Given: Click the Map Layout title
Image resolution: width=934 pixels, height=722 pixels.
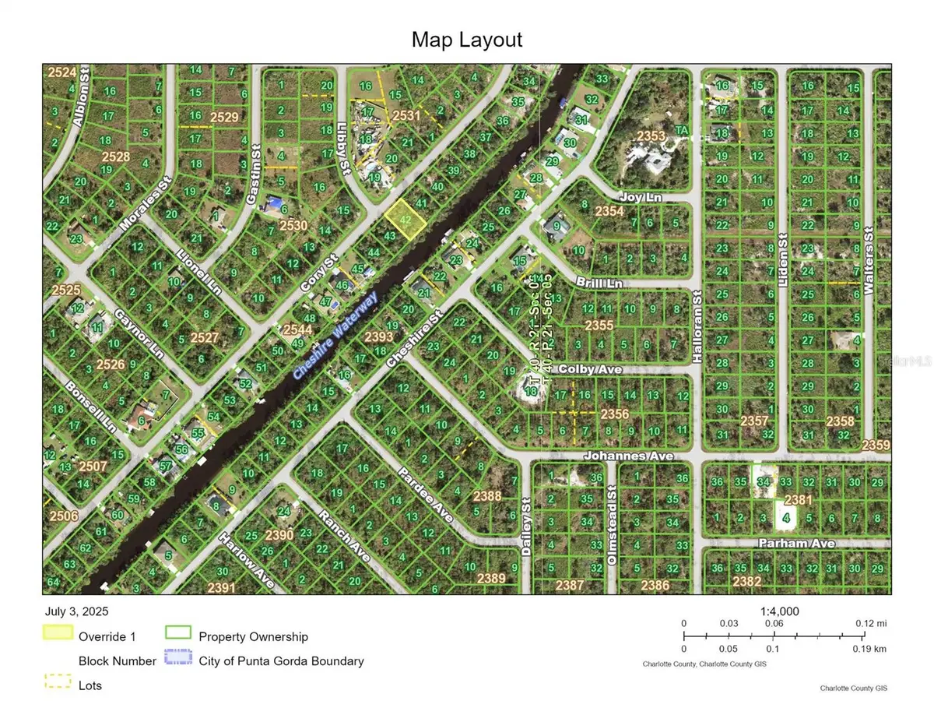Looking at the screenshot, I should coord(467,39).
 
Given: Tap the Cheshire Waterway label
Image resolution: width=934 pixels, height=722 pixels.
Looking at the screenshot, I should coord(335,335).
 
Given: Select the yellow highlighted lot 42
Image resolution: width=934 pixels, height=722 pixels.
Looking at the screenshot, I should coord(406,218).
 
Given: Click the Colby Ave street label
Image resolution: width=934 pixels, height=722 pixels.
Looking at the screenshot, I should coord(590,369).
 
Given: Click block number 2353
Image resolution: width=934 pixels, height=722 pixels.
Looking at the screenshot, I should coord(651,137).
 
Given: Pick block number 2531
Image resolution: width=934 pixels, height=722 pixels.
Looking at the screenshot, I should coord(406,115).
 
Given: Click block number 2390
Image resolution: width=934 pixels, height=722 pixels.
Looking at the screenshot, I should coord(279,535).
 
